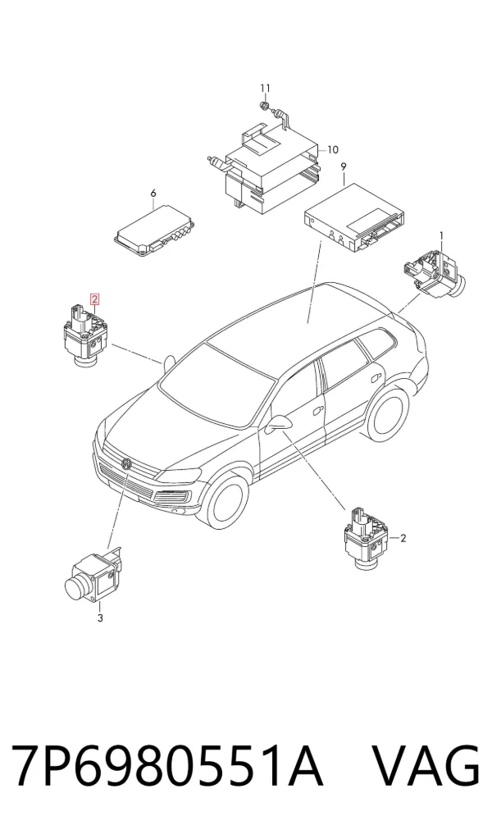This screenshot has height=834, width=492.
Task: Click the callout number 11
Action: [x=266, y=88]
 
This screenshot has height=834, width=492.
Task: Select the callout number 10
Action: [x=332, y=149]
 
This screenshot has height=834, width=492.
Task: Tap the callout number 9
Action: [x=344, y=166]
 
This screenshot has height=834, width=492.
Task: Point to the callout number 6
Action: [x=153, y=193]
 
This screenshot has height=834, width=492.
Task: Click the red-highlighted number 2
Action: [x=94, y=299]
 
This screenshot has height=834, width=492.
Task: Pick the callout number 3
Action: [x=100, y=618]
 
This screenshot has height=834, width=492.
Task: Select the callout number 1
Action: [x=441, y=235]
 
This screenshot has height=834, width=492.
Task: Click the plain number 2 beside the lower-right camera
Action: [x=403, y=538]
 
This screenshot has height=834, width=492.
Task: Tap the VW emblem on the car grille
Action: [x=126, y=463]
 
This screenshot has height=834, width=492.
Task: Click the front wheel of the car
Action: [x=223, y=500]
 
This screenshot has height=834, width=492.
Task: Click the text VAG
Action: [x=426, y=766]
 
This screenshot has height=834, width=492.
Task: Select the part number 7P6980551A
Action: [x=167, y=766]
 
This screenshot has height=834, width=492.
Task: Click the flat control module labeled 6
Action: [x=155, y=230]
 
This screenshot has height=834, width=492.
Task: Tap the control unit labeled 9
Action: [x=353, y=220]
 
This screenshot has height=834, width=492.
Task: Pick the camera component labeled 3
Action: [x=93, y=577]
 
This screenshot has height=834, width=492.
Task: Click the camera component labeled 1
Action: [x=435, y=271]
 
